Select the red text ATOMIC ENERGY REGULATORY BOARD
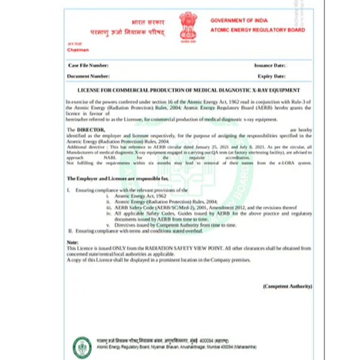(257, 30)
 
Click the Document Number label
(88, 76)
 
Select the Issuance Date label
(269, 65)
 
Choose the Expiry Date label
(272, 76)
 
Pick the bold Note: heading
(73, 241)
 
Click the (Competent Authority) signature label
(287, 287)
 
